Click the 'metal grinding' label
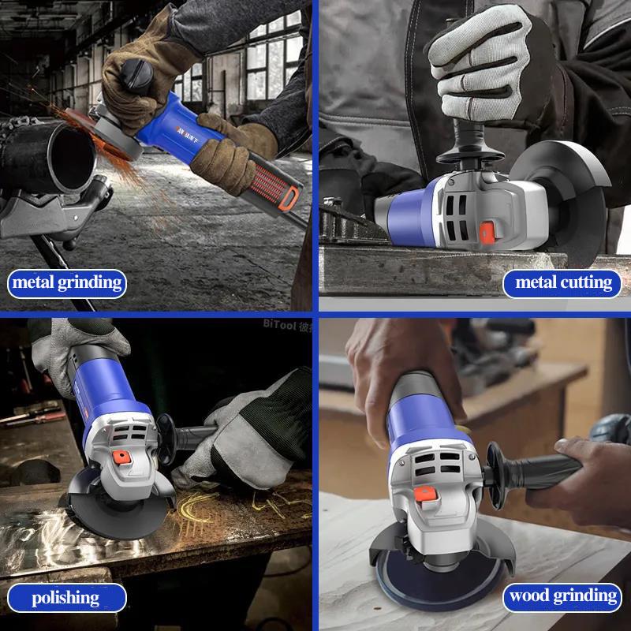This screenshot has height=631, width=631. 67,282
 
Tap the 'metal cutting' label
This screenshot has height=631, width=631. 562,282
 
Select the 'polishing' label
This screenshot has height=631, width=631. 67,597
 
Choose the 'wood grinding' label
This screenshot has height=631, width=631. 562,596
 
